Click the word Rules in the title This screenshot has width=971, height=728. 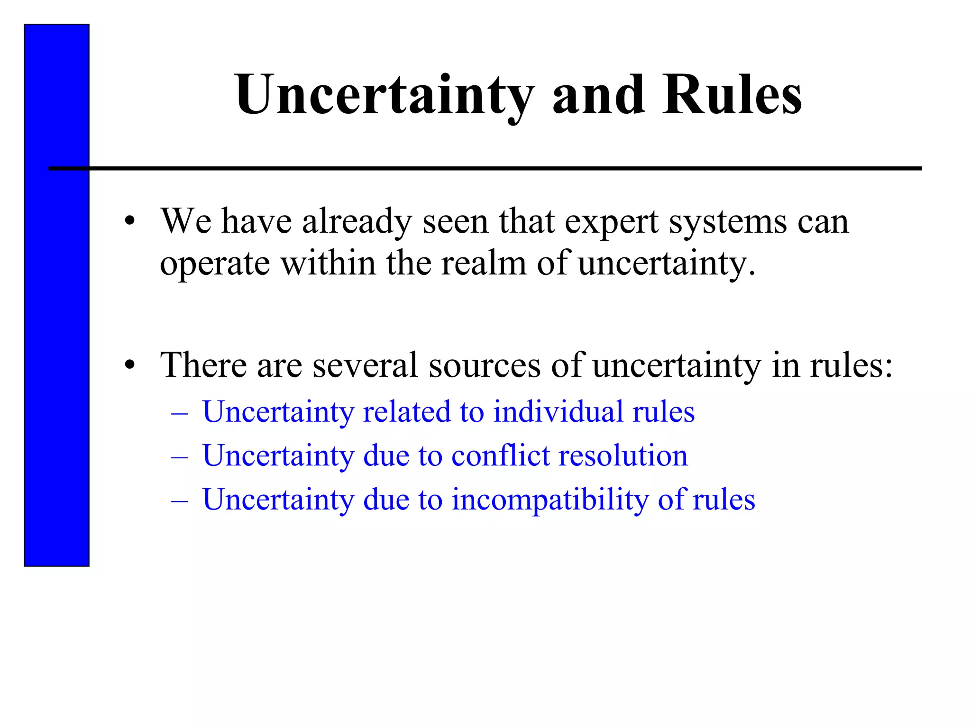pos(732,95)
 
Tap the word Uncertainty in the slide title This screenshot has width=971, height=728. pos(385,95)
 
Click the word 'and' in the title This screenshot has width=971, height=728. pos(598,95)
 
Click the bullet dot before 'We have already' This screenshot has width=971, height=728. pos(130,221)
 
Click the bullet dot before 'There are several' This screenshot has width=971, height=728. pos(130,365)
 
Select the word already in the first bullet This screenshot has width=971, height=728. pos(357,222)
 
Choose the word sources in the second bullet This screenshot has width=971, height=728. pos(485,365)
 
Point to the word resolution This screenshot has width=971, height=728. pos(623,455)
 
